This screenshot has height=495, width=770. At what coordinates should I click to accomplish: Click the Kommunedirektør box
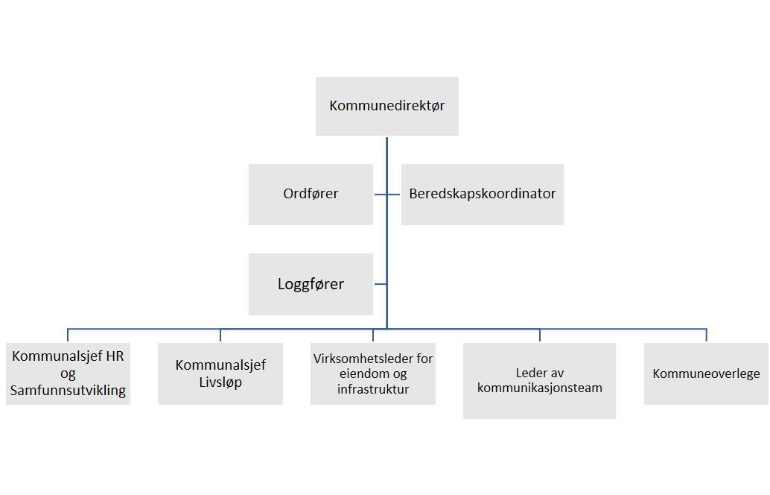(386, 106)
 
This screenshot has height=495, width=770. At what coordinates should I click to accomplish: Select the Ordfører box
(311, 194)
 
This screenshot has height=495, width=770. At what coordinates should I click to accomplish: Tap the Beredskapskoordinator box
(482, 194)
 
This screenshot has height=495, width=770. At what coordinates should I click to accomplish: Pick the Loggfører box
(311, 284)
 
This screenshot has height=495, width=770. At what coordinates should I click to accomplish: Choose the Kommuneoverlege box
(706, 373)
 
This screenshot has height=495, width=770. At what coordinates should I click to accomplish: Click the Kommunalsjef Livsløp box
(220, 373)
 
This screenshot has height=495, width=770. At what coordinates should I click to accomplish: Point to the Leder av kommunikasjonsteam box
(539, 380)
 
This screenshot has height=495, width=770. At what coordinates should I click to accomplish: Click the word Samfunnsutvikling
(68, 390)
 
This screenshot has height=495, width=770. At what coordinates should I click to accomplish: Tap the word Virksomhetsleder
(356, 359)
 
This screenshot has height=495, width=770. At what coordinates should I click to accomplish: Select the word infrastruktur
(372, 389)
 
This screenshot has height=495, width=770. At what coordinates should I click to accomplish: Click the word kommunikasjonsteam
(539, 388)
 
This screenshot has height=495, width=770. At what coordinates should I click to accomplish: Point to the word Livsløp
(220, 382)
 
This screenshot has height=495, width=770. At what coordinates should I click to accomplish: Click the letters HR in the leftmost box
(115, 356)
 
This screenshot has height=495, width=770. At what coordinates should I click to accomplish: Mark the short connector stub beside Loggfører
(380, 284)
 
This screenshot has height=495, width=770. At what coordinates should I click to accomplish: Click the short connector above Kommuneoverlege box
(706, 335)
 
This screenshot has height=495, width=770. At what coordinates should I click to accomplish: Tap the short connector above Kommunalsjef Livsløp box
(220, 335)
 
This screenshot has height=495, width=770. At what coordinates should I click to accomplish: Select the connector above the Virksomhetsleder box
(373, 335)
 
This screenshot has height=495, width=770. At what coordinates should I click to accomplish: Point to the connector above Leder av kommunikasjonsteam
(540, 335)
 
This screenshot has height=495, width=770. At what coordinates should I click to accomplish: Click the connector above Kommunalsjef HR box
(68, 335)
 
